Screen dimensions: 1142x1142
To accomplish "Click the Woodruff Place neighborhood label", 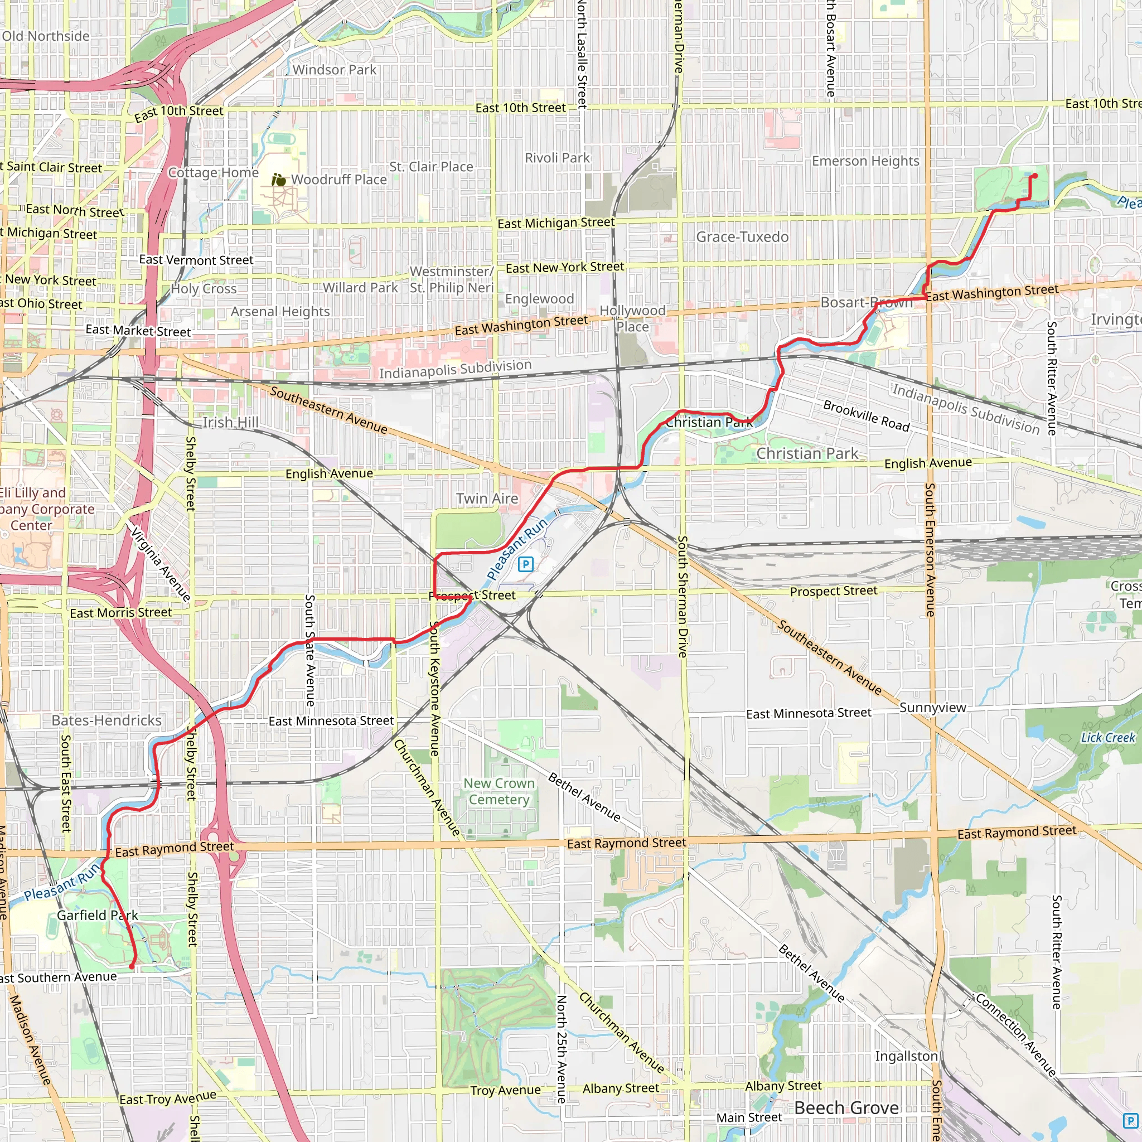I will click(338, 179).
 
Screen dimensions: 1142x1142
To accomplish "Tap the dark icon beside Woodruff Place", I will click(279, 180).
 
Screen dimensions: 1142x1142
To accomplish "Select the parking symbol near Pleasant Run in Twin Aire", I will click(525, 564).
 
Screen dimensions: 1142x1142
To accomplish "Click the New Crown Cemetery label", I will click(499, 791).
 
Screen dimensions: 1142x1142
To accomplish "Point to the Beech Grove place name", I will click(846, 1108).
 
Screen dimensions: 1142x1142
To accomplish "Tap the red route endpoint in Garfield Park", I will click(131, 967).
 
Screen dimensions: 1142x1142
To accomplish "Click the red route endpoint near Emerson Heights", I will click(1034, 176).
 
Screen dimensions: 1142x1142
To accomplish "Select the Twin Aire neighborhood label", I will click(487, 499).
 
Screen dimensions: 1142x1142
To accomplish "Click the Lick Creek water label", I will click(1108, 738).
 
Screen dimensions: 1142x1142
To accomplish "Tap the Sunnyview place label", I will click(932, 708).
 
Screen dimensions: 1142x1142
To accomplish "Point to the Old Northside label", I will click(46, 36).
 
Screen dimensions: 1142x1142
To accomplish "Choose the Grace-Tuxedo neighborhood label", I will click(742, 237).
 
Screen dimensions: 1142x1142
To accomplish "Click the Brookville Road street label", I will click(866, 416).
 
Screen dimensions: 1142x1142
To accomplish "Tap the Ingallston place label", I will click(906, 1056).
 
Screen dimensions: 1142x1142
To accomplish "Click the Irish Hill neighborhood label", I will click(230, 422).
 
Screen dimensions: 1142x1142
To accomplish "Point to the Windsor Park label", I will click(334, 70).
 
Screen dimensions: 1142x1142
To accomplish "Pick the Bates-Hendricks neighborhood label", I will click(107, 720).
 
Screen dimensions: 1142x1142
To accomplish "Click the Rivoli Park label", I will click(557, 158).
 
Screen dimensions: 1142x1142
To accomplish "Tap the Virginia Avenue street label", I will click(160, 564).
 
